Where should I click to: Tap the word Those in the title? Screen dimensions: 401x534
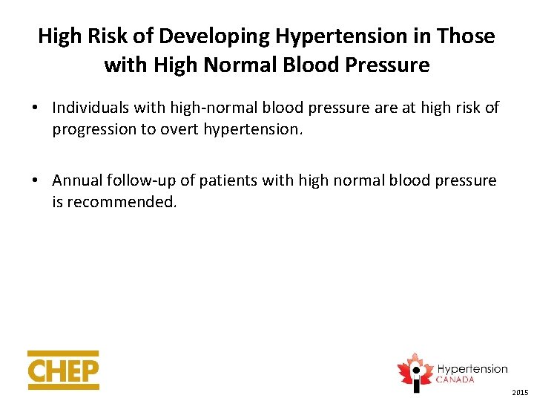point(467,36)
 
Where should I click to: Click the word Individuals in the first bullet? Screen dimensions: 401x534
point(90,108)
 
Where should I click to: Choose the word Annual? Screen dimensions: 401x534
point(77,180)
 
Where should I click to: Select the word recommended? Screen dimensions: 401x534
point(122,201)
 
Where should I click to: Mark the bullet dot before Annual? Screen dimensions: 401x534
point(35,181)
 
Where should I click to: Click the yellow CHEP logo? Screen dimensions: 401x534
point(63,370)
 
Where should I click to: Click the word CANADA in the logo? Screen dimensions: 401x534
point(456,379)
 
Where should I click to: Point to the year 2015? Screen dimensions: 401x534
point(520,391)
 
